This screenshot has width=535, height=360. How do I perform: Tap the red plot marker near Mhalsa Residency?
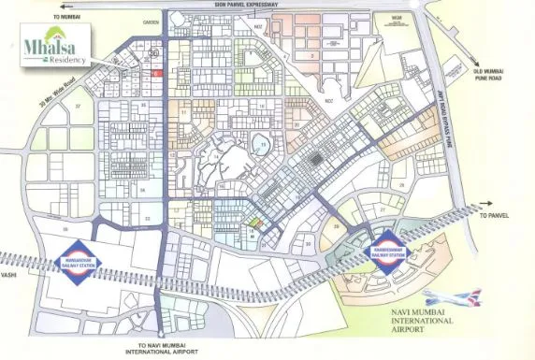pyautogui.click(x=157, y=74)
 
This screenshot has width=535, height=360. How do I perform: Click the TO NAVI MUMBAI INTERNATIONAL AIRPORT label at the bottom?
pyautogui.click(x=165, y=350)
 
